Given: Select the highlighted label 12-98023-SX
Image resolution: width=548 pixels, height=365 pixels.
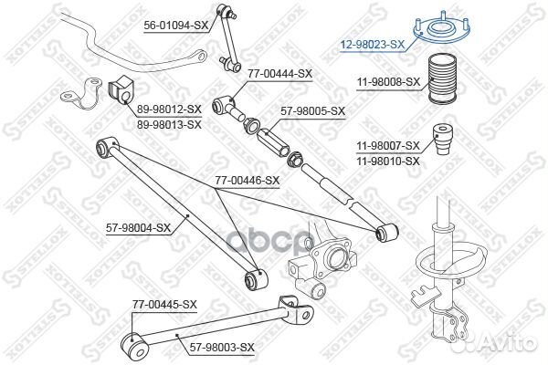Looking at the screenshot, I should point(372,42).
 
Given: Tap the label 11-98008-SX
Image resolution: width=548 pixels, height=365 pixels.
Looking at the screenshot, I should point(388,81).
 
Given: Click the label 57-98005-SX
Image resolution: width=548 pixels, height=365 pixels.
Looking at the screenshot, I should point(312,111).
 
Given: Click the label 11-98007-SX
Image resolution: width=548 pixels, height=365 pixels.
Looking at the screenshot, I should point(388,145).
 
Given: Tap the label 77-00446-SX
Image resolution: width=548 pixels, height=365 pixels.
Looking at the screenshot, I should point(248,181).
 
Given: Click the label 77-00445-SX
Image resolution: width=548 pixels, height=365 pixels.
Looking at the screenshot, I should point(164,304).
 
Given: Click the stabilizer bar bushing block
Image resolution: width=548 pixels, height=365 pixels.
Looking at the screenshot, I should point(121,89).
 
